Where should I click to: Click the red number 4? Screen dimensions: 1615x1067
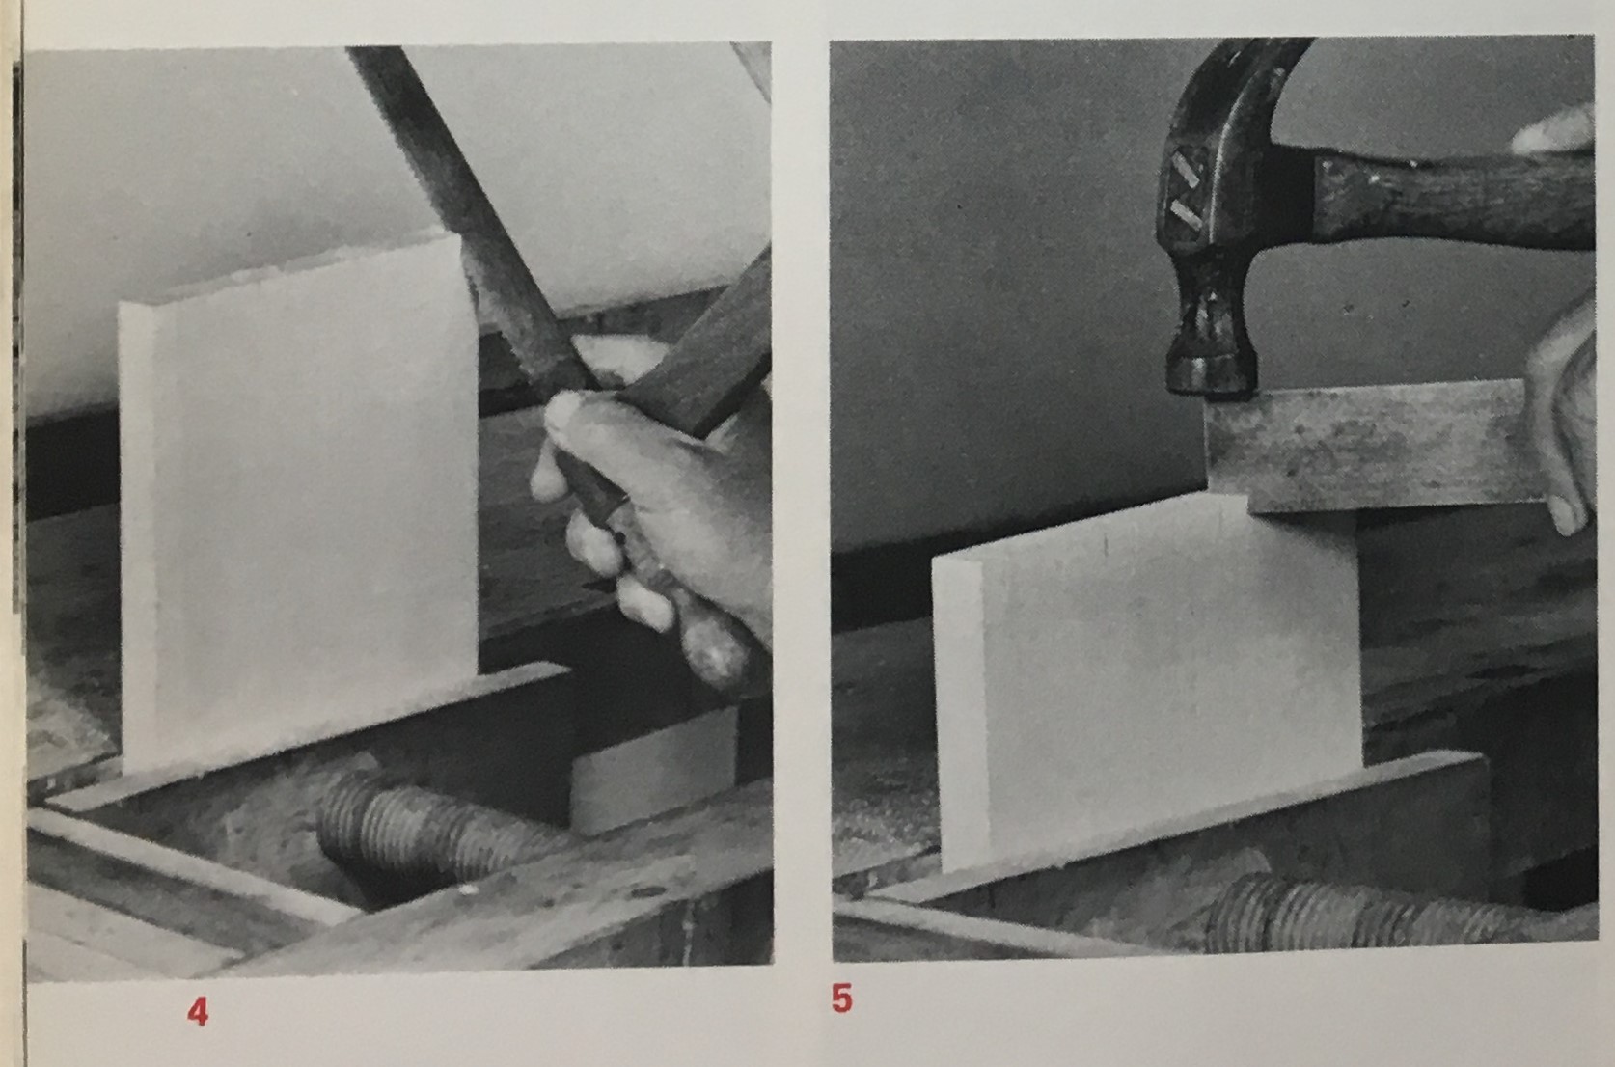coord(198,1012)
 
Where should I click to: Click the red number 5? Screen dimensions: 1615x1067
coord(841,999)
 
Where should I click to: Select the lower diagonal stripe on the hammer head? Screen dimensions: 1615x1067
coord(1184,215)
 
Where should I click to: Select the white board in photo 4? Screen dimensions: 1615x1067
coord(299,505)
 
